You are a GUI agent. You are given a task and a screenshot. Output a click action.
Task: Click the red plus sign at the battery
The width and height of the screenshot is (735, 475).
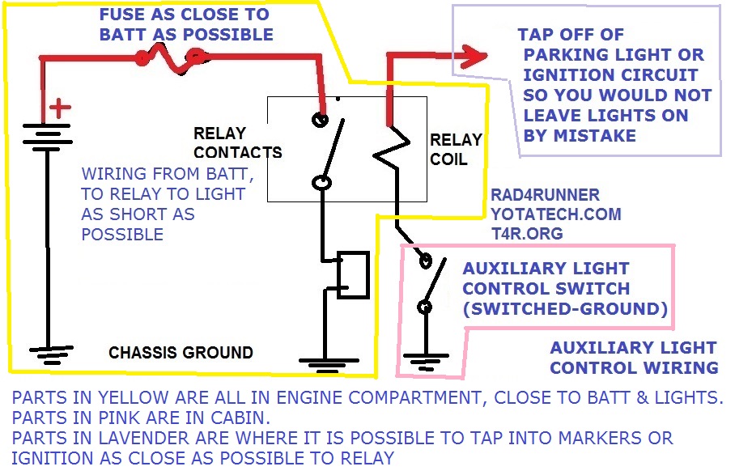tap(60, 108)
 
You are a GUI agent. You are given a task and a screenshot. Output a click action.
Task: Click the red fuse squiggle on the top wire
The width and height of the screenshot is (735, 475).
tap(171, 60)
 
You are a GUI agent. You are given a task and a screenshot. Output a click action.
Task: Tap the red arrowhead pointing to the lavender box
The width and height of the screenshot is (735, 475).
tap(474, 56)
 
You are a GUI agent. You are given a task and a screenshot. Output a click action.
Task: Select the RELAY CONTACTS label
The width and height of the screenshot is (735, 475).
tap(238, 143)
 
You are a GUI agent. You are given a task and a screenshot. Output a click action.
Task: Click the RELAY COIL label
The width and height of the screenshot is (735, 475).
tap(456, 150)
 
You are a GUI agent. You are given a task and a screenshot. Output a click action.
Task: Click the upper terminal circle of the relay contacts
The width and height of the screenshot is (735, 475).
tap(321, 120)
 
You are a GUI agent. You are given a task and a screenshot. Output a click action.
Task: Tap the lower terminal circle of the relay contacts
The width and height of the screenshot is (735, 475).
tap(321, 182)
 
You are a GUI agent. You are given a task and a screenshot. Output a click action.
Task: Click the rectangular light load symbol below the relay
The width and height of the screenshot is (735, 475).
tap(353, 275)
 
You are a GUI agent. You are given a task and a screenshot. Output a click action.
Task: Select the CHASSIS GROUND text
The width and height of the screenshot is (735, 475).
tap(181, 352)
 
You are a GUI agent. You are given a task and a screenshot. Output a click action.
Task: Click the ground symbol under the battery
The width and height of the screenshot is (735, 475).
tap(51, 354)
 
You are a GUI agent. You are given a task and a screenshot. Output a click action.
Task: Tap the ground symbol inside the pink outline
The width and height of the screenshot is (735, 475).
tap(426, 362)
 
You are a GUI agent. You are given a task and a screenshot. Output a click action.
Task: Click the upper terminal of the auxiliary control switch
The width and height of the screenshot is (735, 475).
tap(425, 261)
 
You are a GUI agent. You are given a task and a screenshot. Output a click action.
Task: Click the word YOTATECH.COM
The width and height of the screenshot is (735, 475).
tap(556, 214)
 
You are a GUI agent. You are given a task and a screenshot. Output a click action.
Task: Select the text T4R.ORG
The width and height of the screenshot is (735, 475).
tap(527, 233)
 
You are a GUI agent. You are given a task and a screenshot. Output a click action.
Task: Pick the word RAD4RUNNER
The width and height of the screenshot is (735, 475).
tap(545, 194)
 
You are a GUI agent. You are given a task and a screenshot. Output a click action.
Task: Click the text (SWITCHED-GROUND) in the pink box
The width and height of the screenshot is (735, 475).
tap(565, 309)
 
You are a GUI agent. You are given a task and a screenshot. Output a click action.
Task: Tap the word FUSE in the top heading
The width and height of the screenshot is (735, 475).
tap(122, 14)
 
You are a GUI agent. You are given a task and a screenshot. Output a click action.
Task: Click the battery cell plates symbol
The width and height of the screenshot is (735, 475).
tap(47, 138)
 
